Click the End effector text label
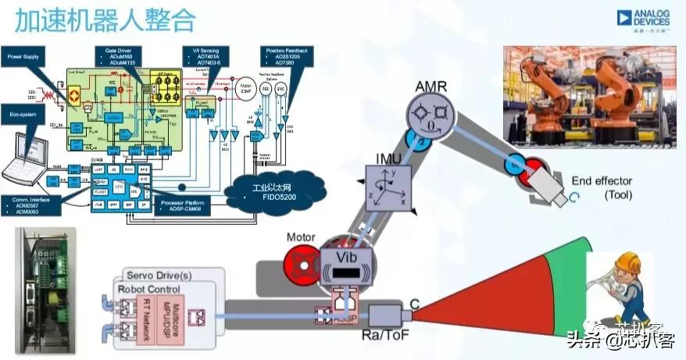[x=601, y=187]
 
